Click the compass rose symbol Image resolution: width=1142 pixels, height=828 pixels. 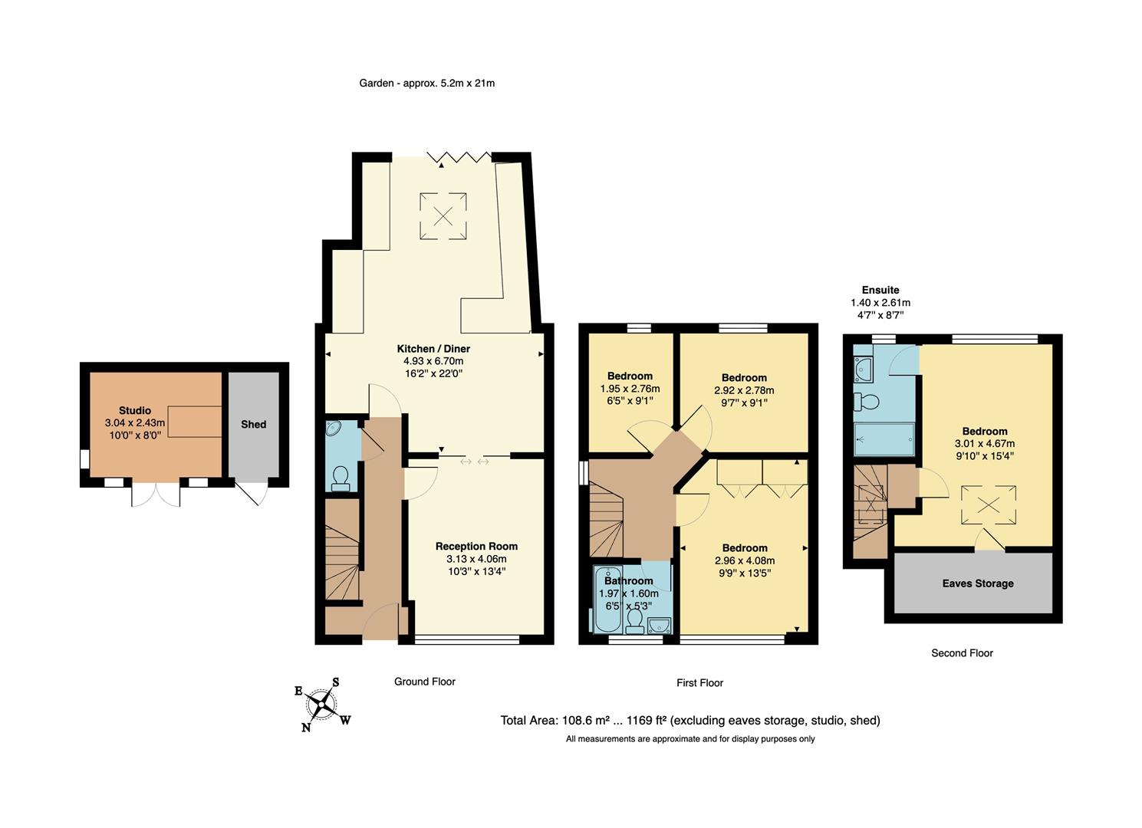322,703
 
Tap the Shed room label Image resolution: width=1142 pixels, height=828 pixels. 254,424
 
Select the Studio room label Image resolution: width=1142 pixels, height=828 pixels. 135,411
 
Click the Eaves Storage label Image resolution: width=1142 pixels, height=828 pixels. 978,583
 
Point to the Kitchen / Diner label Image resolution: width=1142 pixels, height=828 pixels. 433,349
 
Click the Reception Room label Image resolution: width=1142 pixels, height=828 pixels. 476,547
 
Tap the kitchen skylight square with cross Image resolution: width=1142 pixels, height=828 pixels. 443,215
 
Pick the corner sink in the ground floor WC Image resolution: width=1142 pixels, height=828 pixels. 334,429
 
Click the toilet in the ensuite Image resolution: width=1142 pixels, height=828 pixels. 869,402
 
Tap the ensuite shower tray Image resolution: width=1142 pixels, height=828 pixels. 884,439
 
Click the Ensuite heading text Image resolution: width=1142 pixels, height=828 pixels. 880,290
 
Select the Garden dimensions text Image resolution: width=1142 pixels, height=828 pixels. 427,83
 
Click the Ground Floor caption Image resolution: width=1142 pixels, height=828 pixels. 425,682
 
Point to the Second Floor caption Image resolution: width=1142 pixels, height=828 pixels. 962,653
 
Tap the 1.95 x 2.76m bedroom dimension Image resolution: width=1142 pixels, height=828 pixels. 630,389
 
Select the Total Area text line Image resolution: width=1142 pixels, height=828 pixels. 690,721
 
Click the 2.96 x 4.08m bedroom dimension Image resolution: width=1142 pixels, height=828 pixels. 744,560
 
